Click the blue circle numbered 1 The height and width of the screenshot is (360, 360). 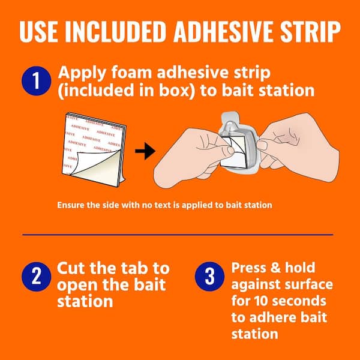click(36, 81)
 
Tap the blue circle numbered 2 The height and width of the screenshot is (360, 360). click(36, 277)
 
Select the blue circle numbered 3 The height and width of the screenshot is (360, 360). click(209, 277)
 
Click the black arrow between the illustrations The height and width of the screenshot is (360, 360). click(145, 151)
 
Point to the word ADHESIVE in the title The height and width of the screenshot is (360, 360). click(224, 31)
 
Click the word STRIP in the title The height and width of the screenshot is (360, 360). click(311, 31)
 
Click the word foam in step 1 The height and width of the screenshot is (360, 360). click(131, 73)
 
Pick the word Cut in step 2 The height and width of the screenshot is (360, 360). click(71, 268)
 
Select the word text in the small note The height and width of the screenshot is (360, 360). click(161, 205)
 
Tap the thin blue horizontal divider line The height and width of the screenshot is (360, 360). click(178, 235)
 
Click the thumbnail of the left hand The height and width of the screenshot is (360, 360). click(230, 150)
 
